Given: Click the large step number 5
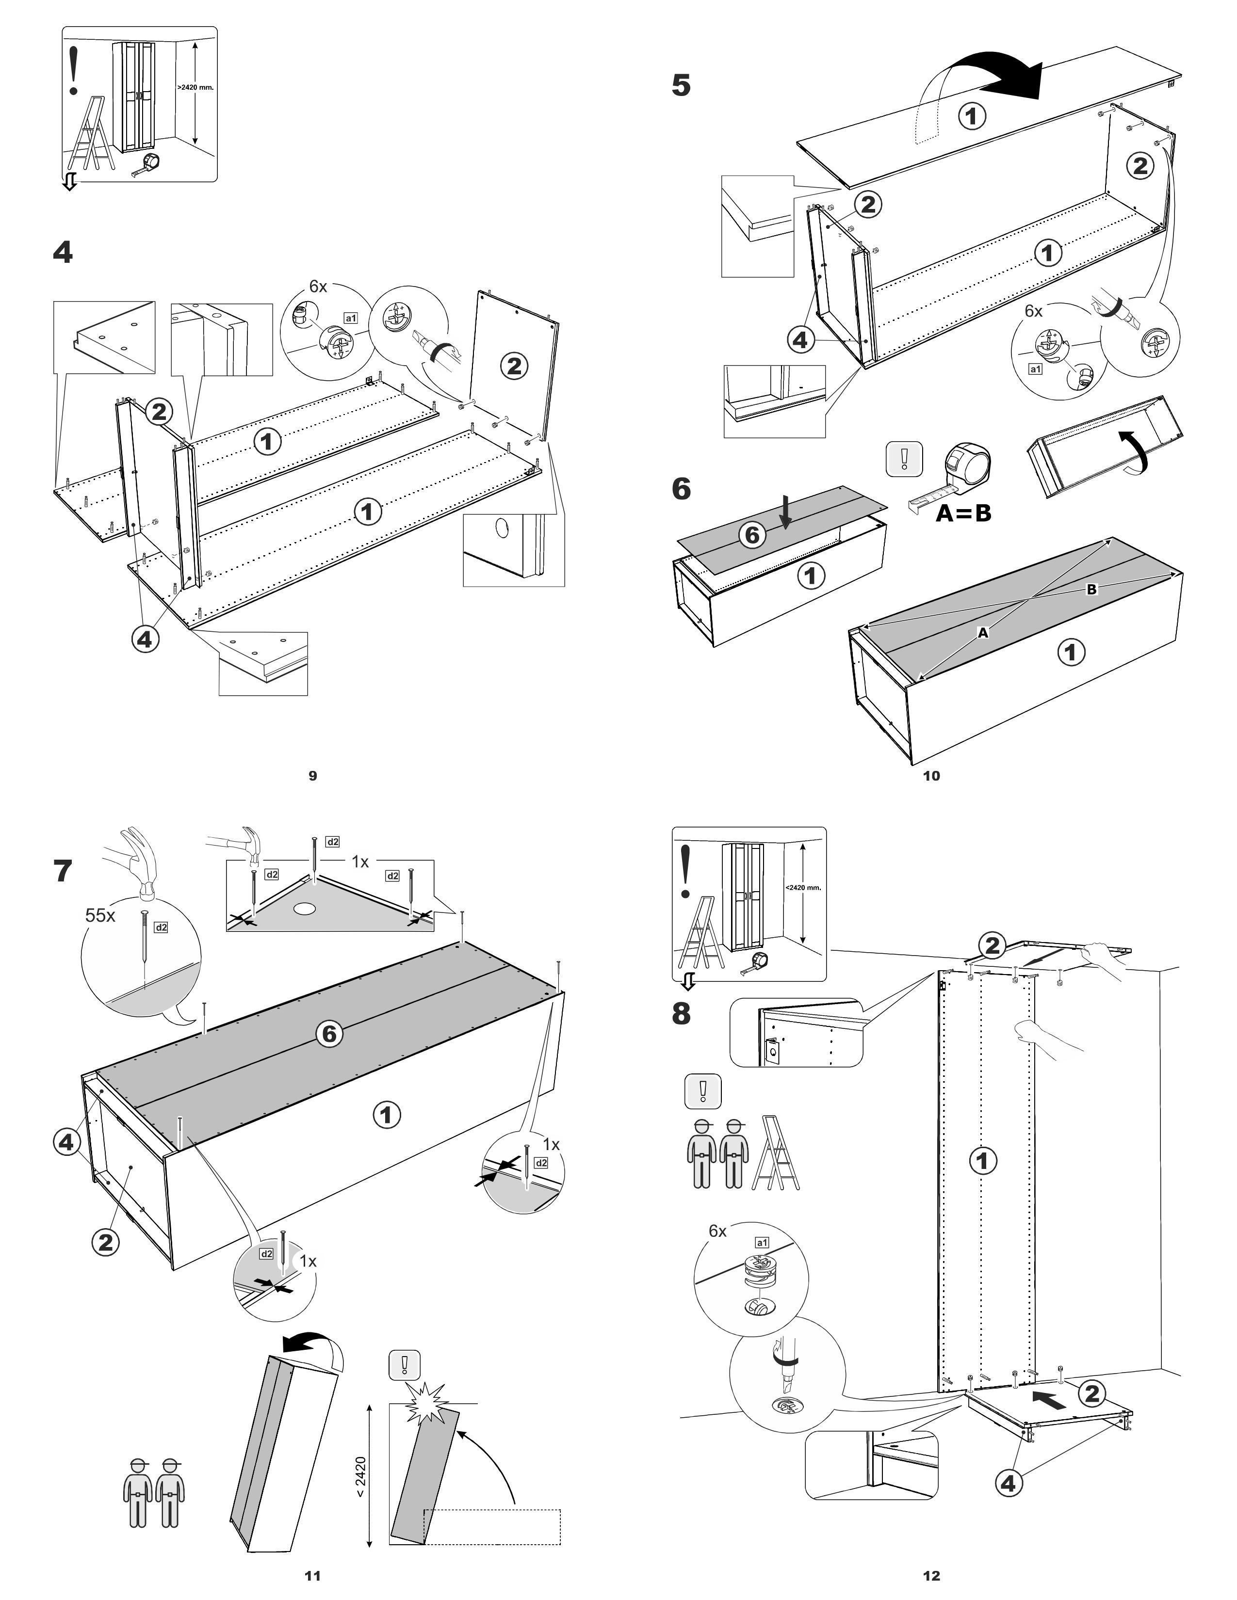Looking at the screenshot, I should (x=681, y=86).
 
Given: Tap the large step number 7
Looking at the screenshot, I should (x=63, y=871).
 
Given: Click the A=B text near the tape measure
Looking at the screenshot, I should (x=963, y=513).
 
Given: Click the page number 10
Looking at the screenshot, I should (x=931, y=776).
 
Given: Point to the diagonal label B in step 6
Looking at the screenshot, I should (x=1091, y=589).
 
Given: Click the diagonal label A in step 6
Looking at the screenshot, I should (x=983, y=632).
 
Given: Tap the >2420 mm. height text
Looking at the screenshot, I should (x=195, y=87).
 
